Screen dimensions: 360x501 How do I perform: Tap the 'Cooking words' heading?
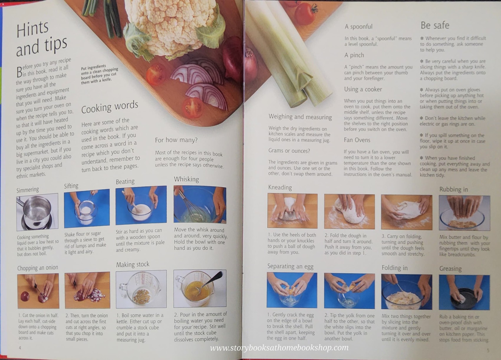(110, 107)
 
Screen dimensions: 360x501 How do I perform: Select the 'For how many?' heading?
(176, 140)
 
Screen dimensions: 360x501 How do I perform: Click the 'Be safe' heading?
(435, 26)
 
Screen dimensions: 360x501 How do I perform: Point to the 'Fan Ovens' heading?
(357, 140)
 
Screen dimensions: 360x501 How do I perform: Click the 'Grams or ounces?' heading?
(289, 151)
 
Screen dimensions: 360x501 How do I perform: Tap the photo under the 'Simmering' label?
(37, 212)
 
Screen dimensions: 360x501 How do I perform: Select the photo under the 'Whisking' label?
(200, 204)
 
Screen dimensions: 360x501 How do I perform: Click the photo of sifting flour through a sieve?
(87, 208)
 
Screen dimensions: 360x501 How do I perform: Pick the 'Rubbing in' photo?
(464, 213)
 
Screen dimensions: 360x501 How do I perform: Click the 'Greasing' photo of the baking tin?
(464, 292)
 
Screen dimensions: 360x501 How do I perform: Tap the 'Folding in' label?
(394, 268)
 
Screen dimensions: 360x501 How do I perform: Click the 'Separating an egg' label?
(290, 266)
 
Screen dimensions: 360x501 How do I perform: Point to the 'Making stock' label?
(133, 265)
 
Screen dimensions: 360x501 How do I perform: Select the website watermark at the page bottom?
(279, 348)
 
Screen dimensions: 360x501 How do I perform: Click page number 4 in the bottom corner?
(20, 348)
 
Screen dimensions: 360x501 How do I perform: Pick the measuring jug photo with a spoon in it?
(200, 288)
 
